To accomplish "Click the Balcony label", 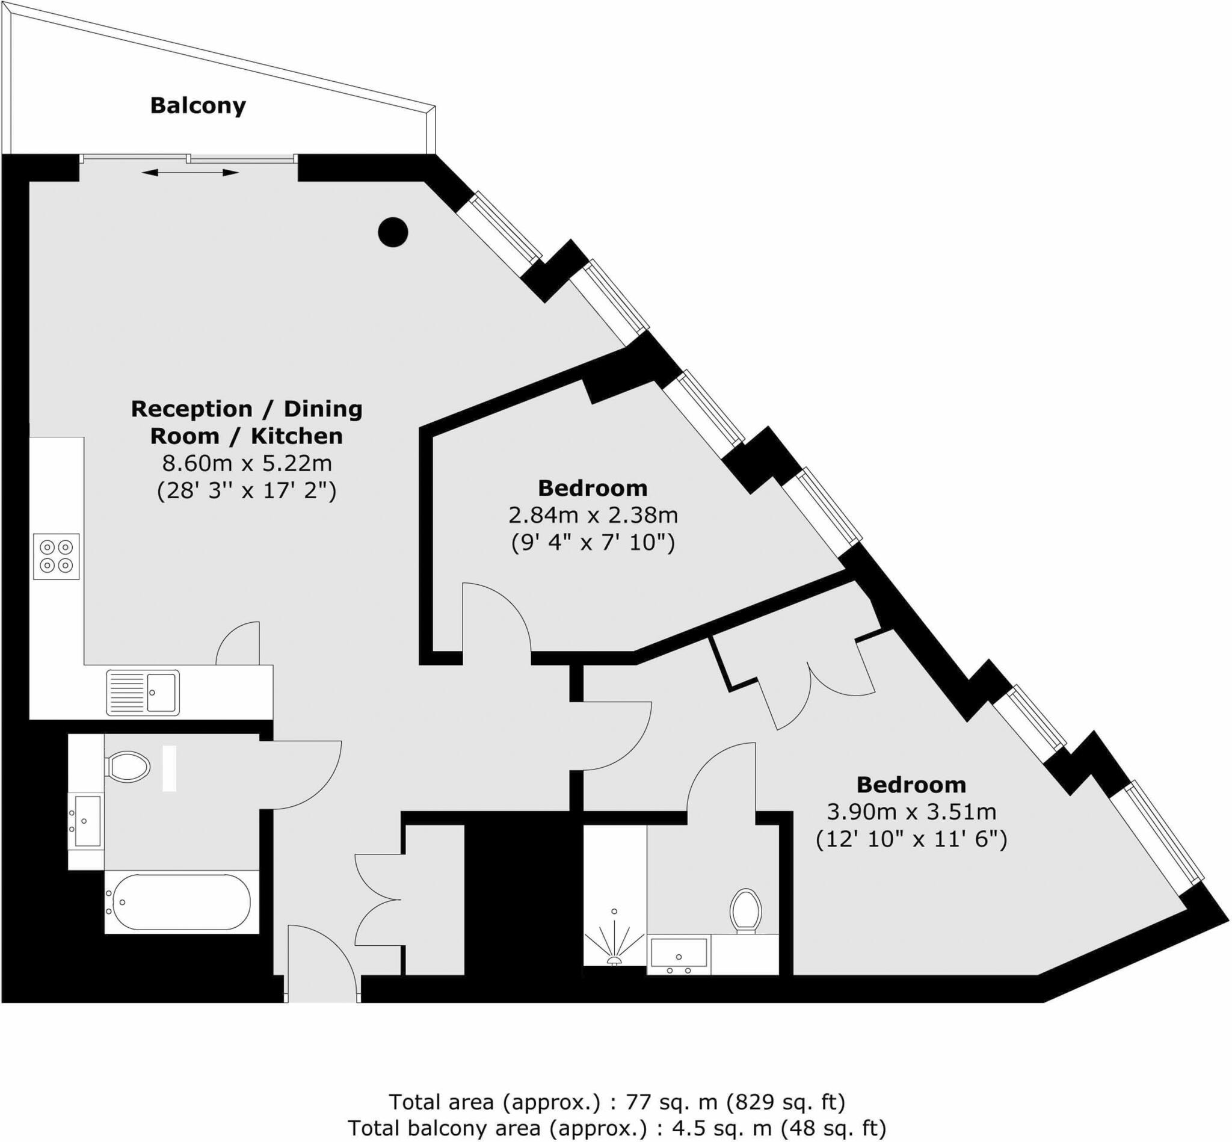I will coord(198,106).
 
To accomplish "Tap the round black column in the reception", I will coord(393,233).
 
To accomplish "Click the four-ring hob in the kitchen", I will coord(56,556).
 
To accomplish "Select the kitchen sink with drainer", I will coord(143,693).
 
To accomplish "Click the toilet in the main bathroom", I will coord(129,767).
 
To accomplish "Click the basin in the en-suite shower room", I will coord(679,954).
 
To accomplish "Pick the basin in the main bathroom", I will coord(87,821).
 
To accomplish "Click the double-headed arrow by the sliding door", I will coord(189,173).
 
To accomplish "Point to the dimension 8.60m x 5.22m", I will coord(247,463).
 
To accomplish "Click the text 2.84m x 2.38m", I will coord(593,515).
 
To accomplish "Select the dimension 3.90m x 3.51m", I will coord(911,812).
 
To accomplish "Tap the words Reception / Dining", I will coord(247,409).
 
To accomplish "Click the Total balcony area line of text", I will coord(616,1128).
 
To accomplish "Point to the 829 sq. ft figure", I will coord(784,1102).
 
